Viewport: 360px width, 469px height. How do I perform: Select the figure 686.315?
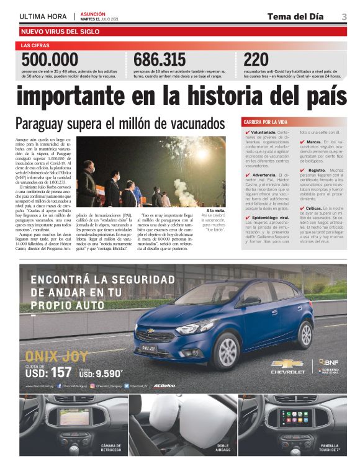click(x=160, y=60)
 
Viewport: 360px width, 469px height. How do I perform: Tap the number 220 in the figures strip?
click(x=256, y=60)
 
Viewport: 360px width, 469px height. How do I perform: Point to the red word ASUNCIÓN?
click(x=93, y=14)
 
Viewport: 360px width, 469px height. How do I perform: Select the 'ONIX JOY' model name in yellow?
click(x=49, y=355)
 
